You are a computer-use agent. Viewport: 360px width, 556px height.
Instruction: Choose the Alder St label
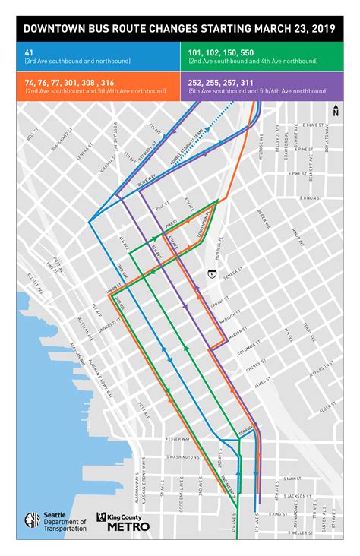(327, 408)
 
